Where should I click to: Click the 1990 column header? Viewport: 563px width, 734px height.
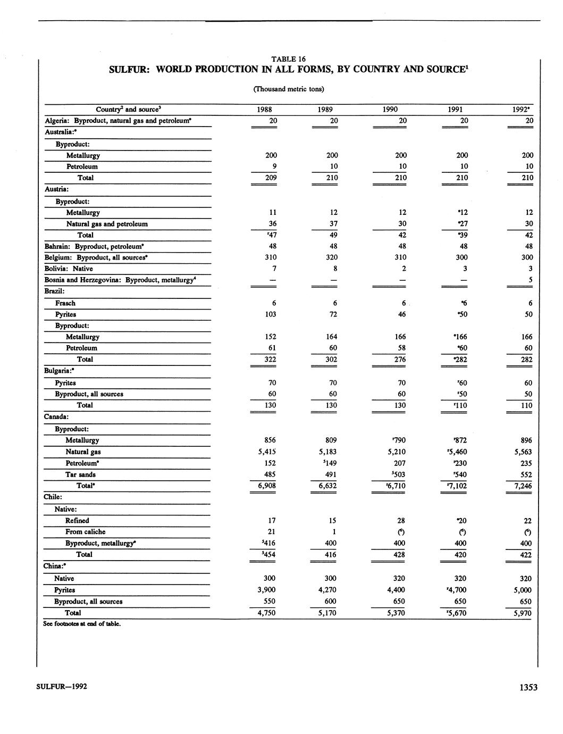[x=390, y=110]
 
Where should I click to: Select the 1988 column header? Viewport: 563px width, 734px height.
[x=264, y=110]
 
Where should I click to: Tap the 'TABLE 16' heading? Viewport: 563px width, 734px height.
[x=289, y=59]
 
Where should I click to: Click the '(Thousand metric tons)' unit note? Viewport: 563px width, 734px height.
[x=289, y=89]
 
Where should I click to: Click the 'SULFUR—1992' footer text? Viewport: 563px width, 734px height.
[x=62, y=686]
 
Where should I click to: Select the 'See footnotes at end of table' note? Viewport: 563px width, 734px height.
[x=82, y=624]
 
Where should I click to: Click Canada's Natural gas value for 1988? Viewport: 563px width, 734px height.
[x=266, y=452]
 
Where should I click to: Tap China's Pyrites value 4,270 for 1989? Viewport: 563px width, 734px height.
[x=327, y=590]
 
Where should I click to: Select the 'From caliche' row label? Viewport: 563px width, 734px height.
[x=85, y=532]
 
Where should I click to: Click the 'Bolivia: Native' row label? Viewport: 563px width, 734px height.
[x=69, y=269]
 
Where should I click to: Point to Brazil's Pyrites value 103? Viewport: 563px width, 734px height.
[x=271, y=314]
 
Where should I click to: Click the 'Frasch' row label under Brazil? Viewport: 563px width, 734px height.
[x=65, y=303]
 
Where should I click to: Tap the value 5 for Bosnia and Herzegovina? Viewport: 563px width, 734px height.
[x=530, y=280]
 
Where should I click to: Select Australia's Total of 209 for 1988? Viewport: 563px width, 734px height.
[x=271, y=178]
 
